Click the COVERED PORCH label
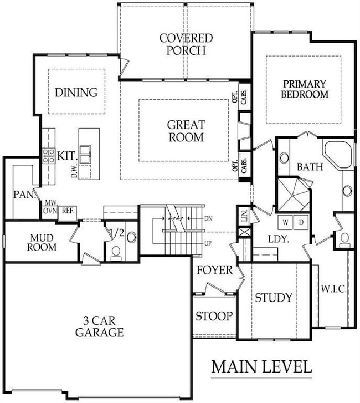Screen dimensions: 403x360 pos(186,44)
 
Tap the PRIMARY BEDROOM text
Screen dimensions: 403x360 pos(305,89)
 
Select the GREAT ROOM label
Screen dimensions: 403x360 pos(186,131)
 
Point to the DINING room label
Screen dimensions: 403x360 pos(76,93)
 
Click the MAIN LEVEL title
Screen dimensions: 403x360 pos(261,367)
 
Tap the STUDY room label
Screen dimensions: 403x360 pos(273,298)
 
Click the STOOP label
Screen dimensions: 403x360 pos(214,317)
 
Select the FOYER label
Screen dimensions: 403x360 pos(214,271)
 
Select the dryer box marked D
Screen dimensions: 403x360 pos(302,222)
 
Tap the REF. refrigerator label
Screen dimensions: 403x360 pos(68,211)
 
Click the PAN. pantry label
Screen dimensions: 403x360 pos(22,195)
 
